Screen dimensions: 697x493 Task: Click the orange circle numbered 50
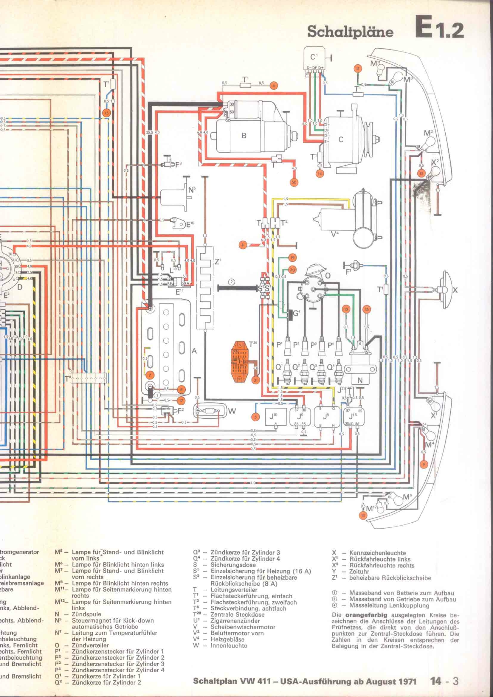point(294,182)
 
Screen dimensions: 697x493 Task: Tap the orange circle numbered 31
point(256,380)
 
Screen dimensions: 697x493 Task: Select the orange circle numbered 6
point(274,86)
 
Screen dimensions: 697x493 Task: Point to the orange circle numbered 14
point(320,174)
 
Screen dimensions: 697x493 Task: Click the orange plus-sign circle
point(243,245)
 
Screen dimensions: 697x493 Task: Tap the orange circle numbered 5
point(255,417)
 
